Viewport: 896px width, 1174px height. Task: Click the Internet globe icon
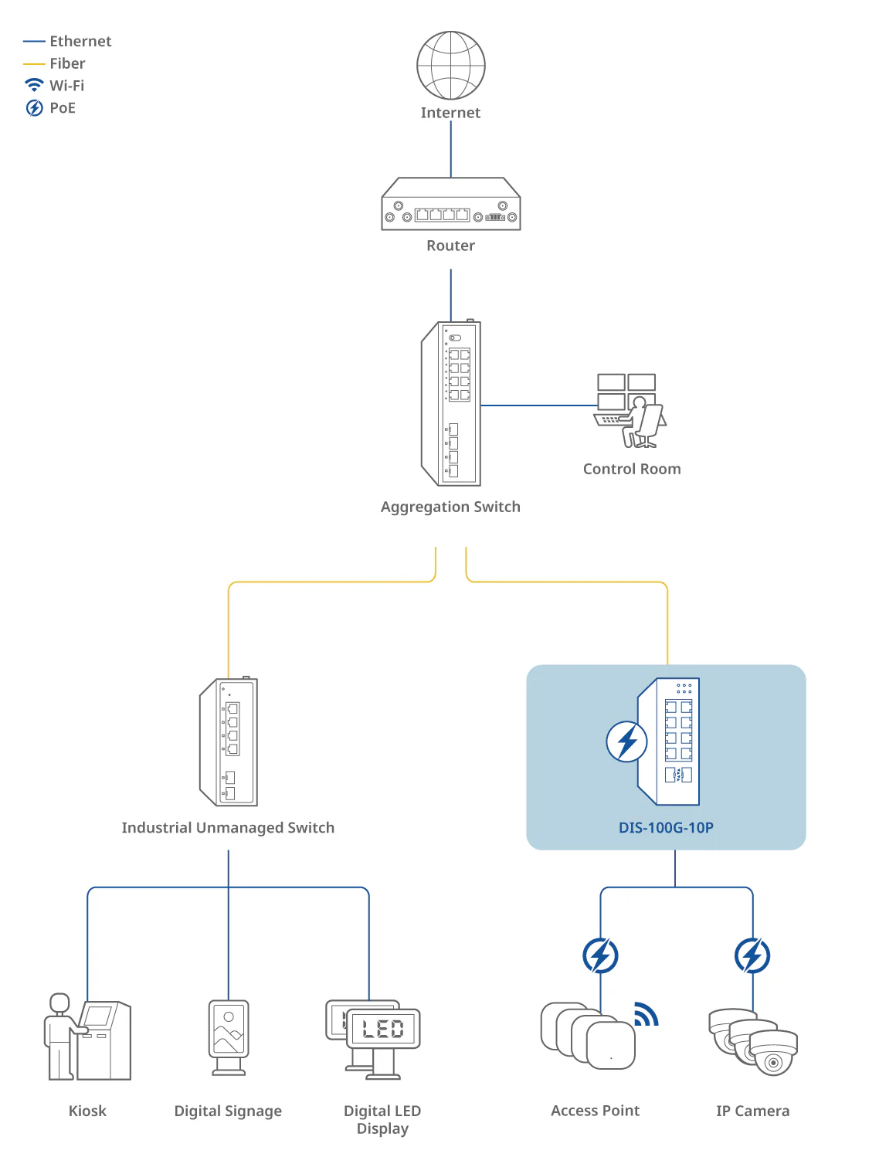point(450,65)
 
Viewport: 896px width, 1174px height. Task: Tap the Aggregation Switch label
point(450,506)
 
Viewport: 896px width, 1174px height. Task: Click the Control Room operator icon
point(630,410)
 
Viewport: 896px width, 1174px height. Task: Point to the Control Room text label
point(631,469)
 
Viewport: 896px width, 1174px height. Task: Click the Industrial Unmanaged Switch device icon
point(229,741)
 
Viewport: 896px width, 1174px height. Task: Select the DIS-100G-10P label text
point(666,827)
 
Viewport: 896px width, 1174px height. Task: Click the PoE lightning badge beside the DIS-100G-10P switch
point(626,741)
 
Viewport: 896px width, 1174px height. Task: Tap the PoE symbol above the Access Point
point(600,955)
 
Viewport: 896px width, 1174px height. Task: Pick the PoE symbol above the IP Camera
point(752,955)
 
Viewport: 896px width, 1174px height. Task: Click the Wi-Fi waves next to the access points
point(646,1013)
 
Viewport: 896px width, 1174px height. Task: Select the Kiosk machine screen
point(97,1016)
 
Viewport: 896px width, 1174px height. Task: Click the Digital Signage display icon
point(229,1037)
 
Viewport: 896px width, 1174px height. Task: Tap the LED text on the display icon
point(382,1028)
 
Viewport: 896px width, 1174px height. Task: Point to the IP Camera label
point(752,1111)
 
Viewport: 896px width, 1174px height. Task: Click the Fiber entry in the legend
point(54,63)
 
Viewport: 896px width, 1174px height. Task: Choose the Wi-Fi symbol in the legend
point(34,84)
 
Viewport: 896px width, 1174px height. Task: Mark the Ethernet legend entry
point(67,41)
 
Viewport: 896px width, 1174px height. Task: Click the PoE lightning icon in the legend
point(34,107)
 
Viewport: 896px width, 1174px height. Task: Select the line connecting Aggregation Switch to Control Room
point(538,405)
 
